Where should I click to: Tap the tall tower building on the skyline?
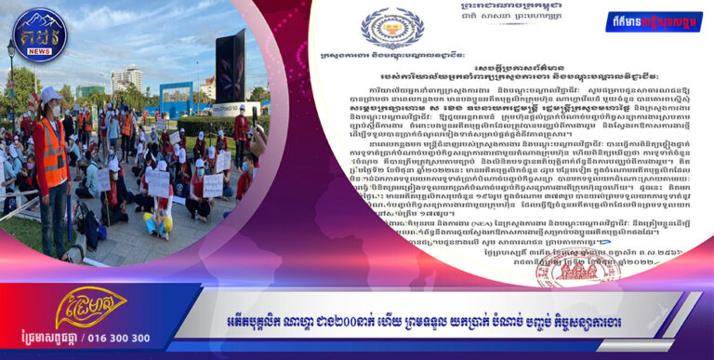pyautogui.click(x=128, y=78)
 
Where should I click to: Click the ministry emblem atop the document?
pyautogui.click(x=392, y=28)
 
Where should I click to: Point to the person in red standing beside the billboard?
pyautogui.click(x=243, y=130)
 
